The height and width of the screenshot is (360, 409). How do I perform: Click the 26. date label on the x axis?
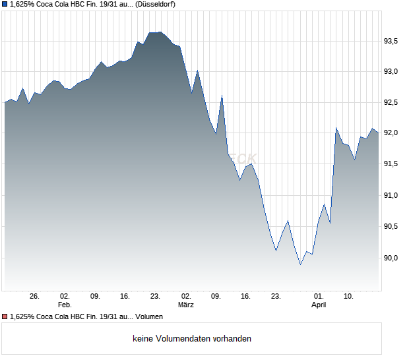click(35, 296)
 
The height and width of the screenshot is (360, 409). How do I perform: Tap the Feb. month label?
click(64, 305)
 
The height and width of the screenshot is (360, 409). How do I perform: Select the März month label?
click(186, 305)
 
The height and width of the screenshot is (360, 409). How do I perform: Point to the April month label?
click(319, 305)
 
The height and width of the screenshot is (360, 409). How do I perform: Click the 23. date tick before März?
click(155, 296)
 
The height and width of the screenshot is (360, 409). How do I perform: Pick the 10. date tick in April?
click(349, 296)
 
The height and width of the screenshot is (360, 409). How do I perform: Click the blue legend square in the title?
click(5, 4)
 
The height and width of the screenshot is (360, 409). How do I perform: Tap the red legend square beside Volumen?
click(5, 316)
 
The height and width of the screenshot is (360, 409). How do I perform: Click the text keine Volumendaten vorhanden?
click(192, 339)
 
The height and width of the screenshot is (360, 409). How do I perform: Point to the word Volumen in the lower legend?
click(149, 316)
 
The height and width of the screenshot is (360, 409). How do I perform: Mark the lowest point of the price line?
click(301, 264)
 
